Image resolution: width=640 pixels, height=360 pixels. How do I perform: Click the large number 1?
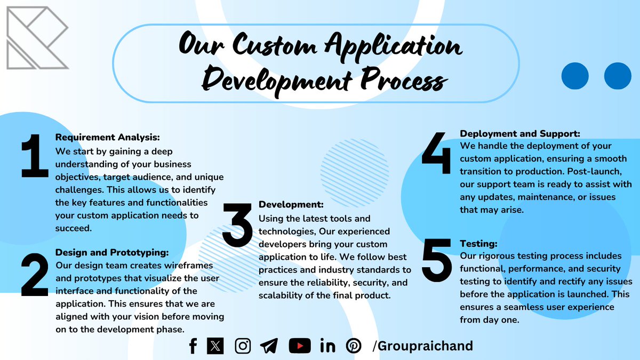(x=35, y=155)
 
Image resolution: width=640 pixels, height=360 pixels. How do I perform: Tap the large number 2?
(x=35, y=274)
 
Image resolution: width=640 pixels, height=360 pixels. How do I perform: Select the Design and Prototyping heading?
(x=112, y=252)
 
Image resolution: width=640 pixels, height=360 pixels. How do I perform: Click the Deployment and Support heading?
(x=520, y=133)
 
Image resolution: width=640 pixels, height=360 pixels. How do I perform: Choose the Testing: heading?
(x=478, y=244)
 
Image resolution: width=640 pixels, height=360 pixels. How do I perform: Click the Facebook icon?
(x=193, y=346)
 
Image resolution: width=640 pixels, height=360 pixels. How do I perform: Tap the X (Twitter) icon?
(x=215, y=346)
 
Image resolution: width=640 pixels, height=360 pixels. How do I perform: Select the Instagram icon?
(x=243, y=346)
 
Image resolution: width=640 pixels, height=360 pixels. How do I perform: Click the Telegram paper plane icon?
(x=269, y=346)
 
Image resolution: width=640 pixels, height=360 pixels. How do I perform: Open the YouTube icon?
(x=300, y=346)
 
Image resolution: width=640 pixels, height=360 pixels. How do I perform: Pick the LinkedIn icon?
(x=327, y=346)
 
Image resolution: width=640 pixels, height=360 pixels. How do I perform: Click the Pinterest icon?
(x=354, y=346)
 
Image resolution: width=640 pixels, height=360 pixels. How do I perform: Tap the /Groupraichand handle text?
(x=423, y=346)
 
